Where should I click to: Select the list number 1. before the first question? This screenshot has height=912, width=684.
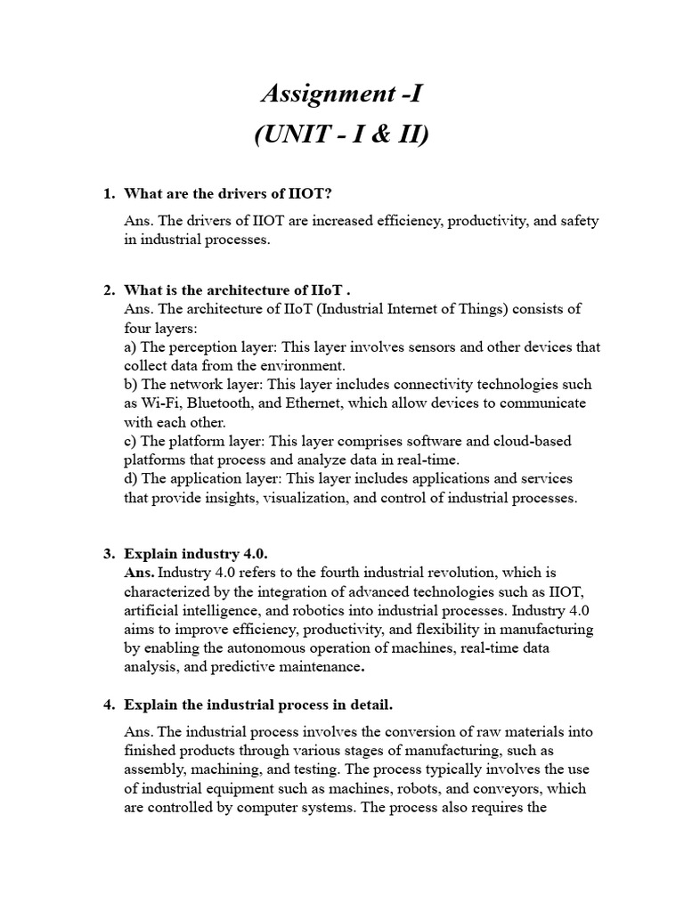coord(110,193)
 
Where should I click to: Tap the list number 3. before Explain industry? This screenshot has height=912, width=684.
coord(110,553)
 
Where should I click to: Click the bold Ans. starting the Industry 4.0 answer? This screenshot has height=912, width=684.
coord(140,572)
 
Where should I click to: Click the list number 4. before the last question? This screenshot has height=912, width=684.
coord(110,704)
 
